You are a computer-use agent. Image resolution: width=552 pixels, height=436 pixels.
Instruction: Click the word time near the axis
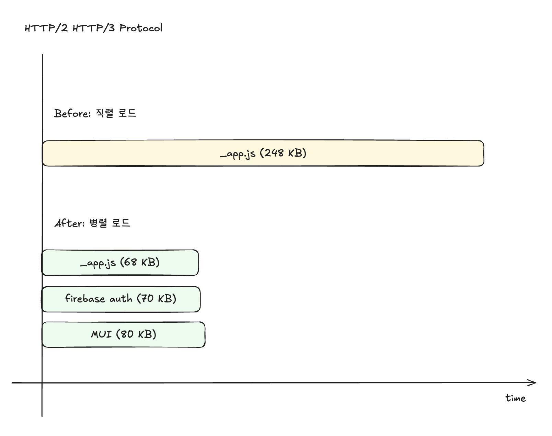[515, 398]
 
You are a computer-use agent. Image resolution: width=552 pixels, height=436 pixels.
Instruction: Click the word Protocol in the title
[141, 28]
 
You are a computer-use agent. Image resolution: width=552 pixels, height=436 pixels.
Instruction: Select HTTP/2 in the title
[46, 28]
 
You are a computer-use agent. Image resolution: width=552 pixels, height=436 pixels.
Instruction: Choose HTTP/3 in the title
[94, 28]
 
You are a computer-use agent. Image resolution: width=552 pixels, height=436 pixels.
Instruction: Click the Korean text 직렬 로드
[116, 113]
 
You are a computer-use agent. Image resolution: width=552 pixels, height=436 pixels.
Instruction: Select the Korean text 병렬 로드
[110, 223]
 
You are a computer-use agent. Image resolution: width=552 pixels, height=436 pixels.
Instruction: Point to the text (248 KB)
[283, 153]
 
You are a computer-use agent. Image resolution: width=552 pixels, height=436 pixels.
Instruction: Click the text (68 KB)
[140, 263]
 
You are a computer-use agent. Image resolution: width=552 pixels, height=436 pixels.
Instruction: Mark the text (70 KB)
[157, 298]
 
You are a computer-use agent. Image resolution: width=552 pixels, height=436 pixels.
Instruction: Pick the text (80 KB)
[136, 334]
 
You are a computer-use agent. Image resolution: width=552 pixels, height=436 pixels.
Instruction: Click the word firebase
[85, 298]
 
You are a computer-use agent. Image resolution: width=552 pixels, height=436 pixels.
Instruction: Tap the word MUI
[101, 334]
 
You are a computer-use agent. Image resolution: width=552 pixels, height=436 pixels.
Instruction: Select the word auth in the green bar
[121, 299]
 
